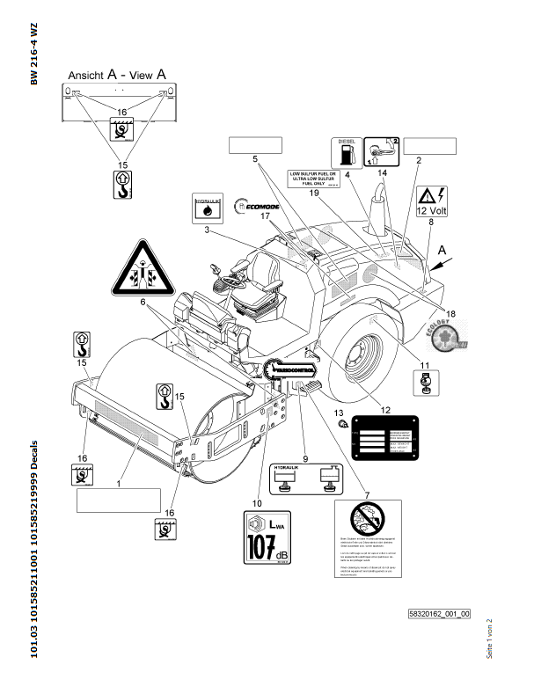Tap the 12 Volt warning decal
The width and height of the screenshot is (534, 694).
tap(432, 201)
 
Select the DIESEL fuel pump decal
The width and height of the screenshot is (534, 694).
tap(344, 152)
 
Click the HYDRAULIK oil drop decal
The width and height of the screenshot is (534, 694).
tap(206, 208)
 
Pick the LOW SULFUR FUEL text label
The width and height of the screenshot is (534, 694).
tap(314, 179)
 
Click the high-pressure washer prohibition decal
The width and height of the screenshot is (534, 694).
tap(368, 537)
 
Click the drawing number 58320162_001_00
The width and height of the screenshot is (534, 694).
tap(440, 613)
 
